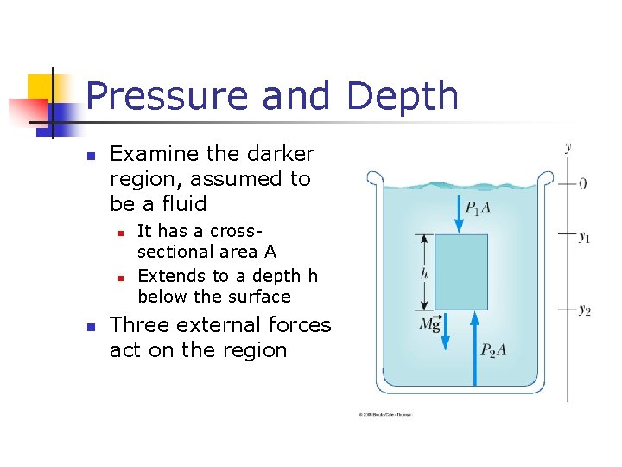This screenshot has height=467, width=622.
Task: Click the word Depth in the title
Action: tap(403, 96)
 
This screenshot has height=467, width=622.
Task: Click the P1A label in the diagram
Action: tap(479, 207)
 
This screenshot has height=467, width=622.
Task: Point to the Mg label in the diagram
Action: tap(429, 323)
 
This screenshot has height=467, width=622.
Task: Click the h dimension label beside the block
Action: tap(422, 272)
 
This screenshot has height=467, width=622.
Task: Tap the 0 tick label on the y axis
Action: tap(583, 183)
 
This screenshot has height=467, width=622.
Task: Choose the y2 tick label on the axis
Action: tap(585, 310)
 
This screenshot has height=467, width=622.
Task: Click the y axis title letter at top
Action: tap(568, 146)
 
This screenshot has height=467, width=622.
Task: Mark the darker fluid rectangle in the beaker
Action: tap(460, 272)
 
